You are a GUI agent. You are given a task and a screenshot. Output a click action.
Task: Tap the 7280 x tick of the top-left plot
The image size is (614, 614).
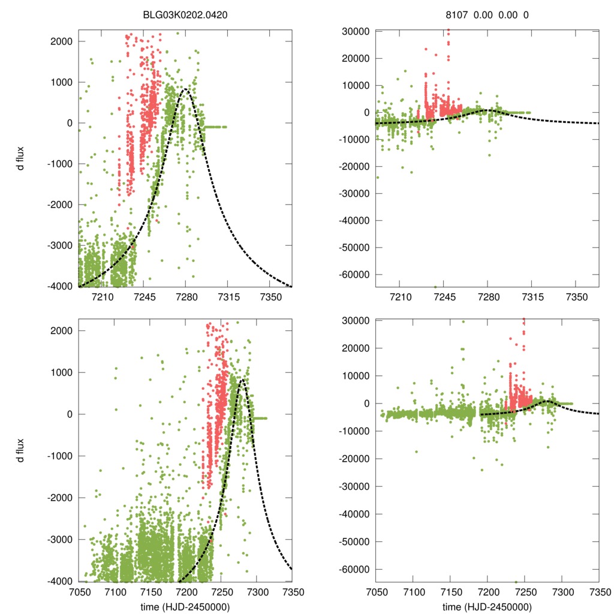coord(185,297)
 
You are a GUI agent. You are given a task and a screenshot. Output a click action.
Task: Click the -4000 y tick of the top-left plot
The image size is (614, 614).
coord(59,286)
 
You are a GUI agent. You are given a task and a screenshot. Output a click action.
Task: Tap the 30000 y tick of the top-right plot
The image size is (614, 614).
coord(359,31)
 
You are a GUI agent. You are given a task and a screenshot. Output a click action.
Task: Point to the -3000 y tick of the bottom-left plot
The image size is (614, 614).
coord(59,539)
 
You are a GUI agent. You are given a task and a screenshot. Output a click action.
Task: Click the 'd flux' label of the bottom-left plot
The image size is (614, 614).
coord(21,449)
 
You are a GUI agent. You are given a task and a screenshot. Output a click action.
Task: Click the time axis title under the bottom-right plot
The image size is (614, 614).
coord(487,606)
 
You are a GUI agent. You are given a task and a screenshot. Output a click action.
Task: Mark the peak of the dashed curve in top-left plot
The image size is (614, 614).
coord(185,89)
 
